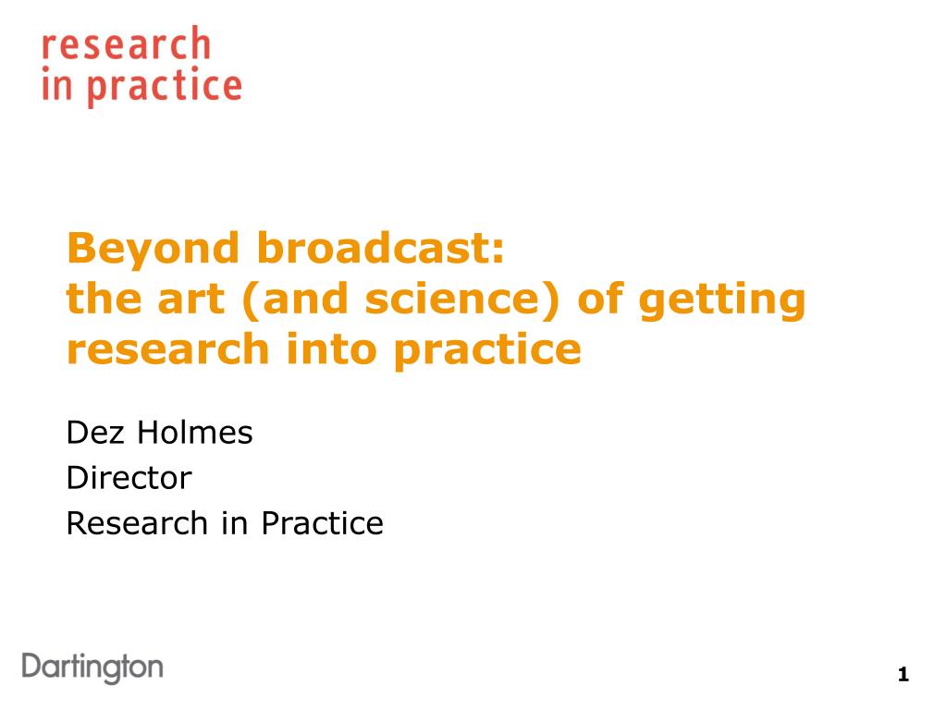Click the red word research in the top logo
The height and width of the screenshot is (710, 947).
pyautogui.click(x=126, y=43)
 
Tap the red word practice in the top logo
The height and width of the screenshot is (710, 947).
pyautogui.click(x=165, y=87)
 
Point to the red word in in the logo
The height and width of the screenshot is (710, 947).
pyautogui.click(x=56, y=83)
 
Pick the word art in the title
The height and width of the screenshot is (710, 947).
pyautogui.click(x=191, y=299)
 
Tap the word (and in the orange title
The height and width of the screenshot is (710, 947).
pyautogui.click(x=295, y=299)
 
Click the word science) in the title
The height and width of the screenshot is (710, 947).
pyautogui.click(x=462, y=299)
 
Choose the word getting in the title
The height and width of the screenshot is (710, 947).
pyautogui.click(x=721, y=300)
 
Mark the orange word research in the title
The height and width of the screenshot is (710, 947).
pyautogui.click(x=168, y=349)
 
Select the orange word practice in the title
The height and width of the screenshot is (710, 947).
pyautogui.click(x=487, y=350)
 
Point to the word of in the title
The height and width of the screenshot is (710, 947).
pyautogui.click(x=599, y=298)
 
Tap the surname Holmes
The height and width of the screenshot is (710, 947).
pyautogui.click(x=194, y=433)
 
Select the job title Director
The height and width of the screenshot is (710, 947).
pyautogui.click(x=129, y=478)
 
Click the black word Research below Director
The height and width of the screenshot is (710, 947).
pyautogui.click(x=137, y=523)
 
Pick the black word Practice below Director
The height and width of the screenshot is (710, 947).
pyautogui.click(x=322, y=523)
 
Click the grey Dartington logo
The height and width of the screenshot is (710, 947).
pyautogui.click(x=92, y=667)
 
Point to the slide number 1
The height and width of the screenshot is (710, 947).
pyautogui.click(x=904, y=674)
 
